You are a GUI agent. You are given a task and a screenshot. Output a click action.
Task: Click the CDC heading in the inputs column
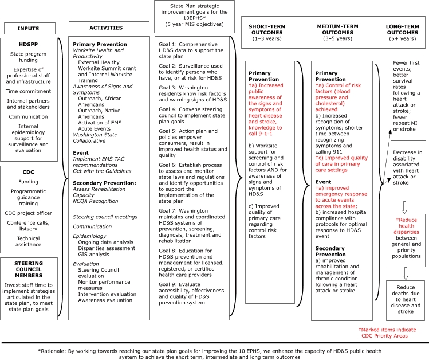29,173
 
